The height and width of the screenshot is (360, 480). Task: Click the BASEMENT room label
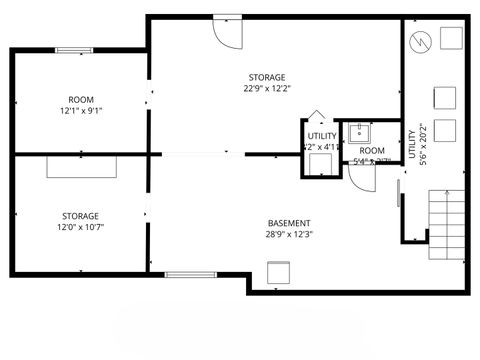288,223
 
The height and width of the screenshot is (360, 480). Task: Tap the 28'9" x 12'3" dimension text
288,235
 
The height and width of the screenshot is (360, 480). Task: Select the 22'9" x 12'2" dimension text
267,89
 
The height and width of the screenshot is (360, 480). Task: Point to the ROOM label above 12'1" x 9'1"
81,99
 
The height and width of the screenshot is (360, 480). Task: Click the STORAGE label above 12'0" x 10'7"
80,216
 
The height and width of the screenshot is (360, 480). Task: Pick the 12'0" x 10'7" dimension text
80,228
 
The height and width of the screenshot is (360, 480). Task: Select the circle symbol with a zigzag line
420,41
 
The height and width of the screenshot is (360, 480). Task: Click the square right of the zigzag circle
450,39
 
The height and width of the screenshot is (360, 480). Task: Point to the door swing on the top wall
228,28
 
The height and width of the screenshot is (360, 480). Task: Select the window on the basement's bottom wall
190,273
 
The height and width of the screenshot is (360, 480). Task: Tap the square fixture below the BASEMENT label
278,271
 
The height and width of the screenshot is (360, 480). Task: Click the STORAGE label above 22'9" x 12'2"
267,77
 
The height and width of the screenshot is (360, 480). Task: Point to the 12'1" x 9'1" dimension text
81,111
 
